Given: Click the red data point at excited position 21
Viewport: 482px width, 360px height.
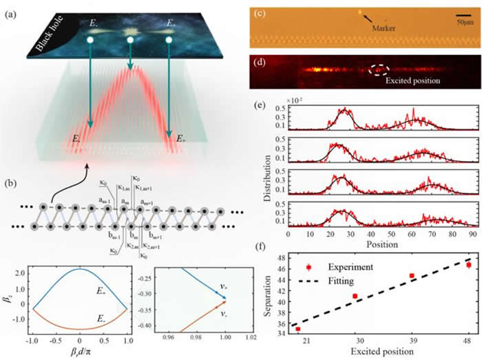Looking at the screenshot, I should click(297, 329).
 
